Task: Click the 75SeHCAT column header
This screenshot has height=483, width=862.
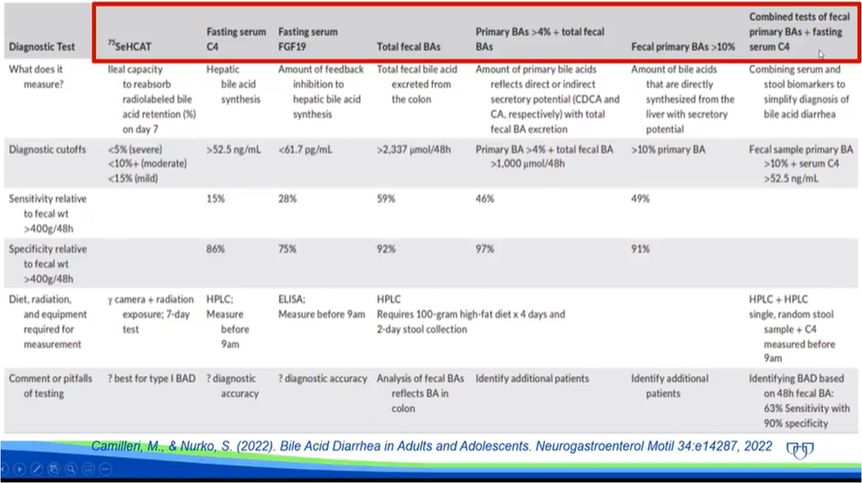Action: click(x=130, y=47)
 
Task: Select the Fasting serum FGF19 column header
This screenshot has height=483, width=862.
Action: click(x=308, y=39)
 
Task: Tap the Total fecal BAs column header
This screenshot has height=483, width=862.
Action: click(x=409, y=47)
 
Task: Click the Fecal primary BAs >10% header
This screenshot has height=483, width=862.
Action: click(x=682, y=47)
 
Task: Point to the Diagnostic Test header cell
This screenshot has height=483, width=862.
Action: click(x=42, y=47)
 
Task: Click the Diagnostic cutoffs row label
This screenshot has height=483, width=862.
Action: click(x=47, y=149)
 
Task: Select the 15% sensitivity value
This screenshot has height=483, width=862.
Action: click(x=216, y=199)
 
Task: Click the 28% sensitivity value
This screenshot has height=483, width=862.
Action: click(x=288, y=199)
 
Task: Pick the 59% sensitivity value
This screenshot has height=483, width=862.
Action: click(x=386, y=199)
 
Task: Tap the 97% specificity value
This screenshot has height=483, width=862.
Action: click(x=484, y=249)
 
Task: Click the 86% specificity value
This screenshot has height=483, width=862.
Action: click(x=216, y=249)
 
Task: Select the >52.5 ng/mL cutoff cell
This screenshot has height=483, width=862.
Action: click(x=233, y=149)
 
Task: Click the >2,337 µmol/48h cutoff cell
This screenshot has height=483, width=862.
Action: click(x=413, y=149)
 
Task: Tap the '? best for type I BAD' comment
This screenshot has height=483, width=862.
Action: click(x=152, y=378)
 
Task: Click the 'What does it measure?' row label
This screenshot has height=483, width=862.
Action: click(x=36, y=76)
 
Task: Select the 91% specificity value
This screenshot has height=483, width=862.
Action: click(x=640, y=249)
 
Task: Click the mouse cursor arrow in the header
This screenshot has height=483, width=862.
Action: click(x=821, y=55)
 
